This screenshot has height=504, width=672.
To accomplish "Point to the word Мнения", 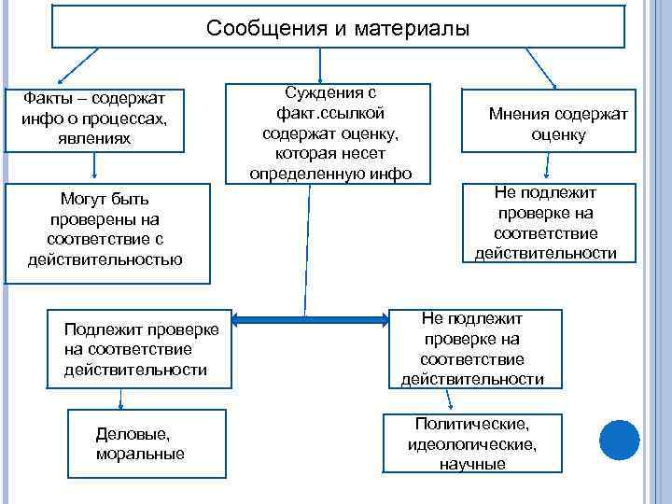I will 519,114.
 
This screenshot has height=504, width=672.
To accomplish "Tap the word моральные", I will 140,454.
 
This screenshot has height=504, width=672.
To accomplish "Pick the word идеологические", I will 472,444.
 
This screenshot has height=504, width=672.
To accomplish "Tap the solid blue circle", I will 618,440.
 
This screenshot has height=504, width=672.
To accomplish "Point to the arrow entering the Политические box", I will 452,400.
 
